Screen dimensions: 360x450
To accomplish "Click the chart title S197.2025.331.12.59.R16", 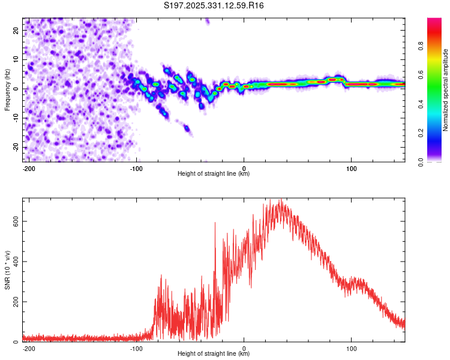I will pos(214,5).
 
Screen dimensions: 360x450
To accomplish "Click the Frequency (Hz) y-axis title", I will pos(7,90).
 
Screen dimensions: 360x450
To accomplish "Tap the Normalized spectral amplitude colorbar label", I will pos(445,91).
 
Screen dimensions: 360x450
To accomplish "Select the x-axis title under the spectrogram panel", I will pos(214,174).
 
